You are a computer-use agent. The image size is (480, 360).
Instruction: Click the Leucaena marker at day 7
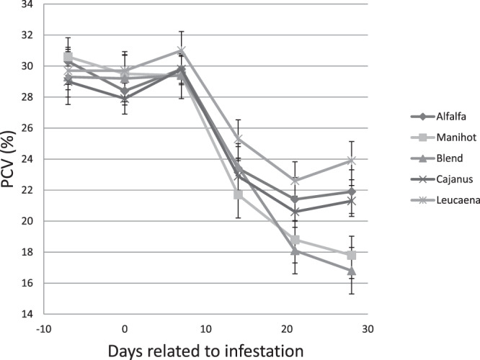(182, 50)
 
